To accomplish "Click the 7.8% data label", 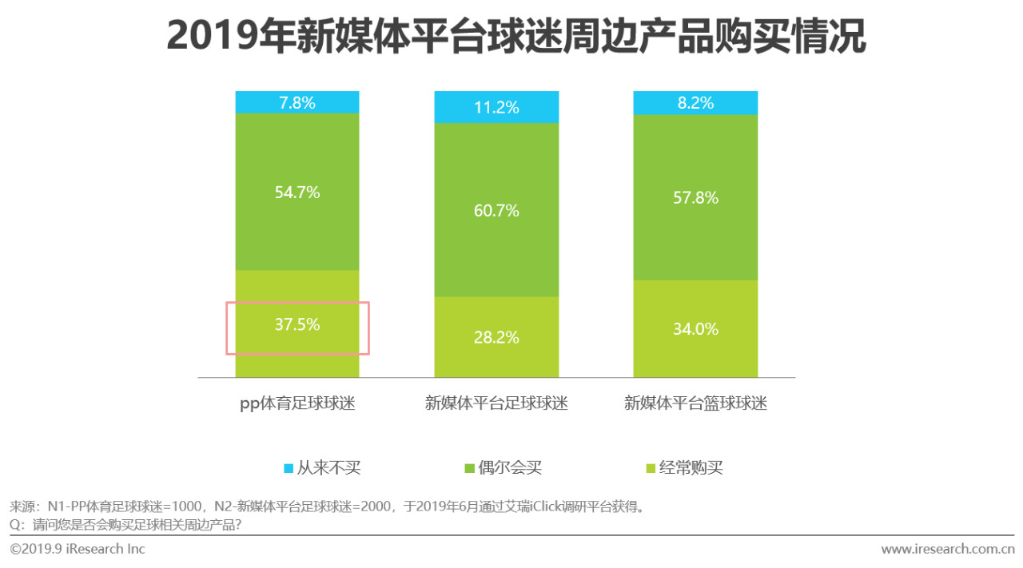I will click(297, 102).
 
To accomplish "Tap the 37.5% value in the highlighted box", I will click(297, 324).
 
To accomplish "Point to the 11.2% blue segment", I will click(496, 107).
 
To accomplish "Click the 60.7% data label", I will click(496, 211).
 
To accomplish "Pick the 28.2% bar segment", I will click(496, 337).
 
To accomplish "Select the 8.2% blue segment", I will click(695, 102).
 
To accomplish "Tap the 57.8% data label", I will click(695, 197).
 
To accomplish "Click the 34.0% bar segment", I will click(695, 328).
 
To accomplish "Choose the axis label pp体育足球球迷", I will click(297, 404).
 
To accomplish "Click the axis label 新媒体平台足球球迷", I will click(496, 404).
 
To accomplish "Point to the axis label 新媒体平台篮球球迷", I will click(695, 404).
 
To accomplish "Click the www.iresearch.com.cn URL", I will click(947, 550).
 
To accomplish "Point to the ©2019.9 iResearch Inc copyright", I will click(78, 550).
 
